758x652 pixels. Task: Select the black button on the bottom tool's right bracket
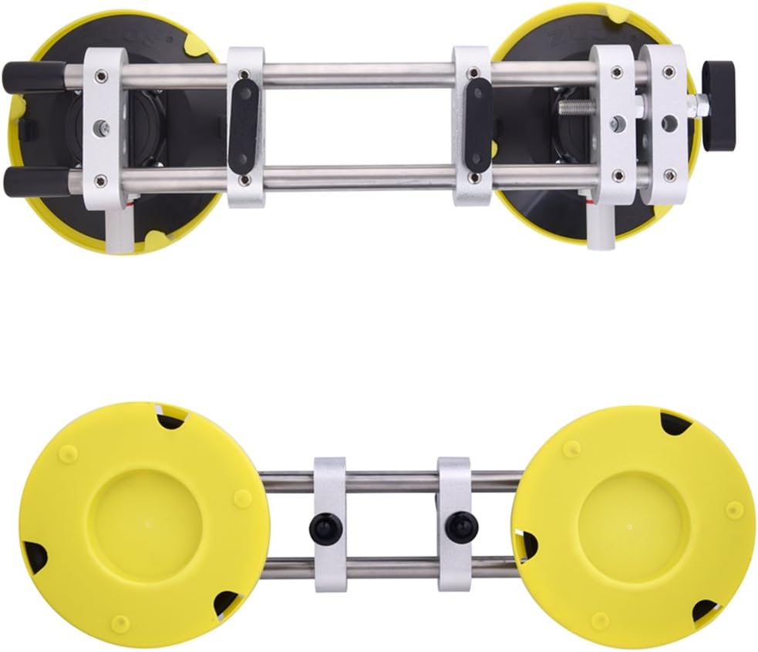pos(461,527)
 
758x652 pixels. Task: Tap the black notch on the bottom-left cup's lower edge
pos(225,603)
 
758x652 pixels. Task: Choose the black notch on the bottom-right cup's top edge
pos(675,422)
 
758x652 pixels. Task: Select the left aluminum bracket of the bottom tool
pos(330,524)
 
